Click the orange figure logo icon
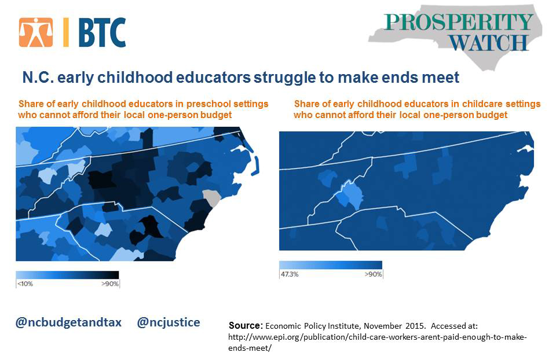click(x=36, y=32)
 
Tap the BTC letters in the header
click(x=102, y=32)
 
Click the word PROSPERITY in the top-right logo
click(x=458, y=23)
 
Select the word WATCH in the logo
click(x=489, y=43)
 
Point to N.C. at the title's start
click(x=38, y=77)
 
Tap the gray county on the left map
click(x=212, y=199)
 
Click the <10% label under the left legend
click(x=25, y=284)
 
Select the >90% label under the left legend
click(x=110, y=284)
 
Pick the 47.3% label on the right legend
click(x=290, y=274)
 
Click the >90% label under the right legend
click(x=374, y=274)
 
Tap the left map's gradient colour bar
click(x=67, y=275)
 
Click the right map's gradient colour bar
click(x=331, y=265)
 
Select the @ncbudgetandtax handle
click(x=68, y=322)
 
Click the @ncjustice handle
click(x=169, y=322)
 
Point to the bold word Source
click(x=244, y=325)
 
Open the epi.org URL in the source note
click(x=378, y=342)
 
